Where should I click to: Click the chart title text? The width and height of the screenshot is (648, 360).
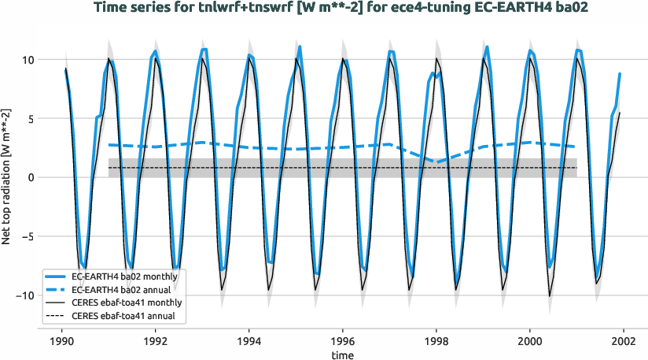coord(323,9)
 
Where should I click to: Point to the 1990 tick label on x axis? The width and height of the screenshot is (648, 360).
coord(61,343)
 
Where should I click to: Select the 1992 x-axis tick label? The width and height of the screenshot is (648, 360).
coord(156,343)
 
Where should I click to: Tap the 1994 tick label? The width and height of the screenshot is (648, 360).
coord(249,343)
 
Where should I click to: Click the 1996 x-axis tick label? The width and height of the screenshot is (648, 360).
coord(343,343)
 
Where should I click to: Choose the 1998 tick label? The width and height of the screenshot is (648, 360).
coord(436,343)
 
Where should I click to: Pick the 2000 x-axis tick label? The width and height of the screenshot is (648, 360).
coord(530,343)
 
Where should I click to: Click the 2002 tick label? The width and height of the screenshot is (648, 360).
coord(624,343)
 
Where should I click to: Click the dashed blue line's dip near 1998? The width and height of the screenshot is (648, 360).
coord(437,161)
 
